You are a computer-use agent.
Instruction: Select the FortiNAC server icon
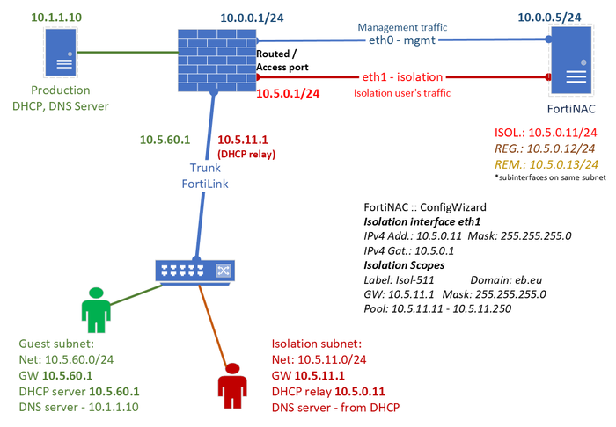pyautogui.click(x=572, y=59)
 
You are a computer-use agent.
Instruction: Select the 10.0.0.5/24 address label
pyautogui.click(x=573, y=18)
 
